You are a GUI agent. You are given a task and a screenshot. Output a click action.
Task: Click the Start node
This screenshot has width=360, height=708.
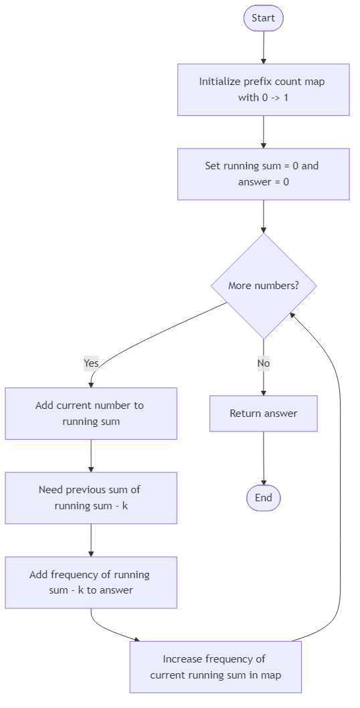[x=263, y=18]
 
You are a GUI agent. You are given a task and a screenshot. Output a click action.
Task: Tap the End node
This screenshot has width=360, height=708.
[x=263, y=498]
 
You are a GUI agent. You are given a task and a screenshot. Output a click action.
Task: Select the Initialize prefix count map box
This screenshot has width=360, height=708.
[x=263, y=90]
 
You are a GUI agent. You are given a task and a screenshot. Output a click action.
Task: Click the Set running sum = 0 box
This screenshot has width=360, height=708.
[x=263, y=174]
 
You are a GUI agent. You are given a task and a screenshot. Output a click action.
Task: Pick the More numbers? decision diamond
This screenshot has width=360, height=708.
[x=263, y=286]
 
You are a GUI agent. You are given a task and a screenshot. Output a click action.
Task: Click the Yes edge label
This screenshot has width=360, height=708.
[x=91, y=363]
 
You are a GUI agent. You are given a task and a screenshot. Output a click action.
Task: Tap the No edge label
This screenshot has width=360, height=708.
[x=263, y=363]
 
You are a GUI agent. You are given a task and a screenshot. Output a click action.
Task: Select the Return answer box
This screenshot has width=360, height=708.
[x=263, y=414]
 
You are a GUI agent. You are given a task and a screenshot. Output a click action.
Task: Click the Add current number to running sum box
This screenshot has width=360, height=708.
[x=90, y=414]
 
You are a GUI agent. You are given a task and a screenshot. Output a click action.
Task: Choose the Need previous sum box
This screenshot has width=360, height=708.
[x=90, y=498]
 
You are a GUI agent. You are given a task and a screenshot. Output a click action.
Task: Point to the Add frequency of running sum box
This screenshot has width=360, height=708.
[x=90, y=582]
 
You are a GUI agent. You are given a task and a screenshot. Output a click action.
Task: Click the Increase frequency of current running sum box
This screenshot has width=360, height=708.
[x=215, y=667]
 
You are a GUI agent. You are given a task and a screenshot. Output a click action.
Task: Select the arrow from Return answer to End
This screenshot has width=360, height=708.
[x=263, y=458]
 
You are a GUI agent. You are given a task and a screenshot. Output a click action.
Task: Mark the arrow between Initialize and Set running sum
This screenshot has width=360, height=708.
[x=263, y=132]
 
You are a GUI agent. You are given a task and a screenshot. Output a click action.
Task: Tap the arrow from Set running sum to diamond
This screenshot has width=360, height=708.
[x=263, y=216]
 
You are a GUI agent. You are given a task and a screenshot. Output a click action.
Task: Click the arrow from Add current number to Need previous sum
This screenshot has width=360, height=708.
[x=90, y=456]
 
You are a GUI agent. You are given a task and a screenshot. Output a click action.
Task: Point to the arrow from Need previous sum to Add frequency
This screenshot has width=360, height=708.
[x=90, y=540]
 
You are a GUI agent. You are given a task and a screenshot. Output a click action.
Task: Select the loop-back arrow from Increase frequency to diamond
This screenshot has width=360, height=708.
[x=340, y=468]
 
